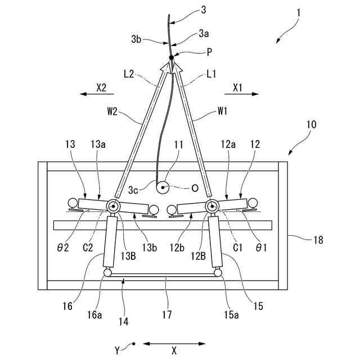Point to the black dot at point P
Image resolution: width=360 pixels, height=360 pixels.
(x=171, y=57)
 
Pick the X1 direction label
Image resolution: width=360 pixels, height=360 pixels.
(x=237, y=87)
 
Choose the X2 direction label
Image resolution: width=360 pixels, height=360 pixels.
(x=101, y=87)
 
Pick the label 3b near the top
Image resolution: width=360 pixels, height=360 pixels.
(x=136, y=39)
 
